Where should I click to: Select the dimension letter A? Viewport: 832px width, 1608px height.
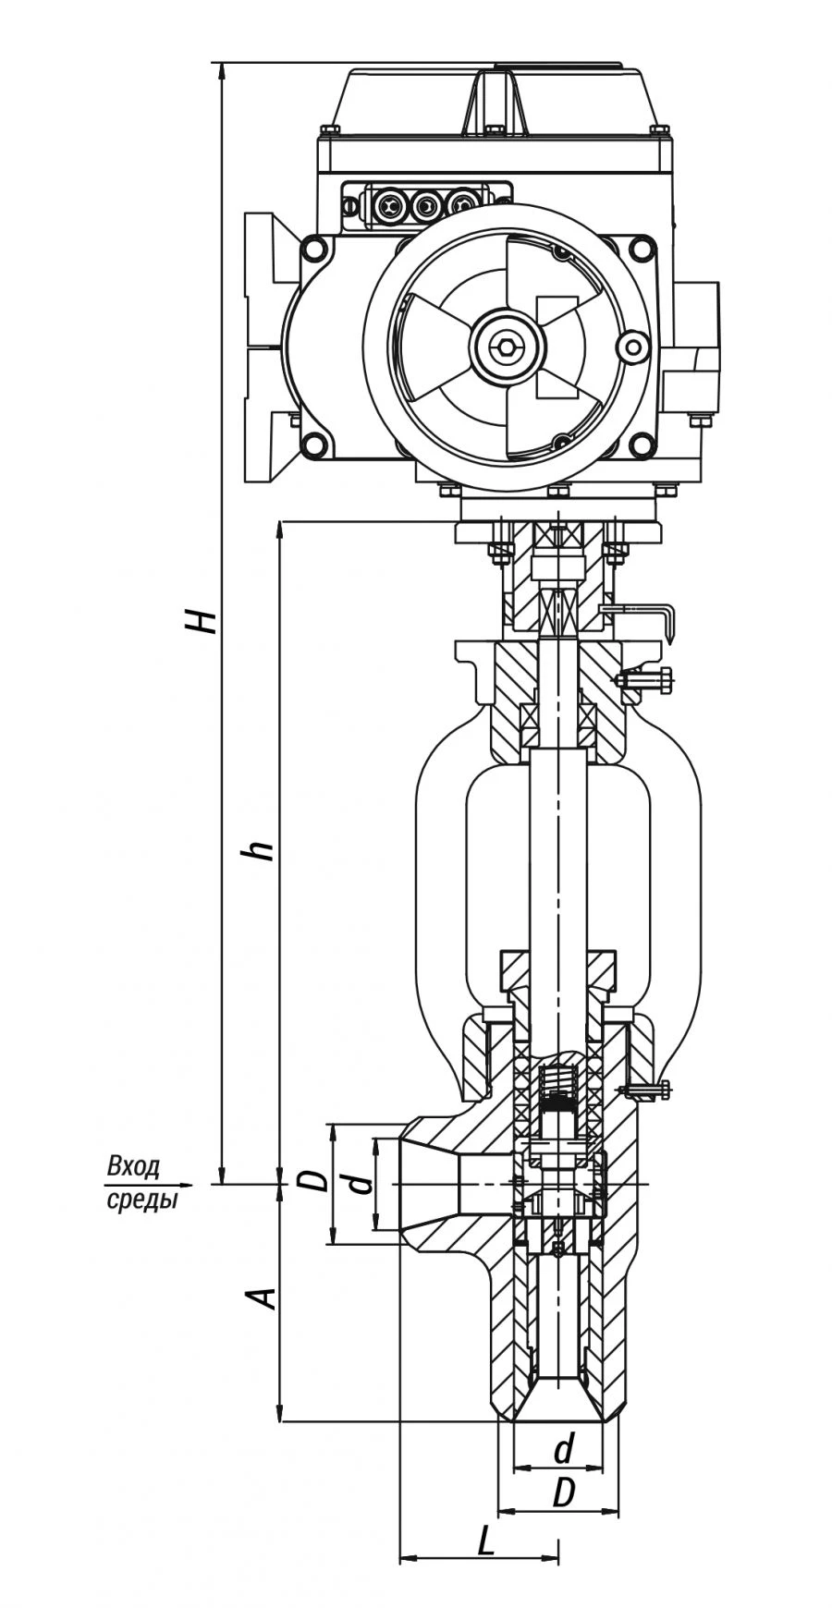(263, 1297)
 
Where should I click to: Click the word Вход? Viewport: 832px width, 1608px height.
(134, 1165)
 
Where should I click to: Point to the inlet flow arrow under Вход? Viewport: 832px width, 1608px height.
(185, 1184)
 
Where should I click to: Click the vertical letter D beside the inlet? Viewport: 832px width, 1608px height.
(313, 1182)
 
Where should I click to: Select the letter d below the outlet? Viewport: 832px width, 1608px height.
(563, 1449)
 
